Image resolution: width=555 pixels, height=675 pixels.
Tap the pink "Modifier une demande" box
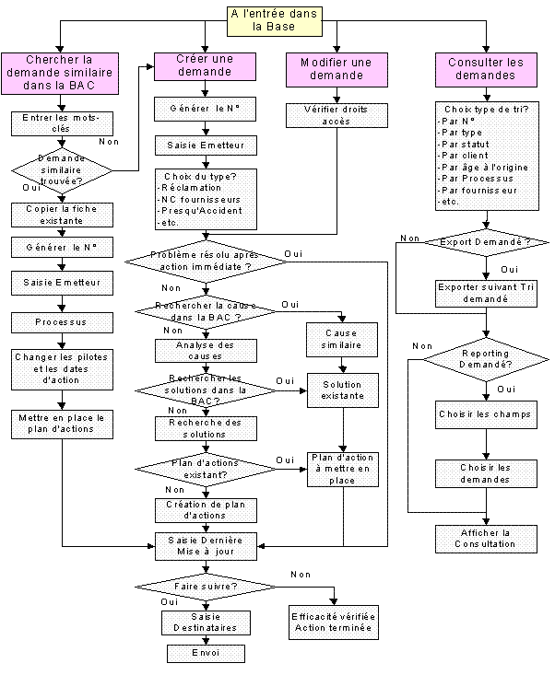coord(336,69)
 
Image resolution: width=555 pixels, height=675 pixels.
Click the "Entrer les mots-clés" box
coord(61,124)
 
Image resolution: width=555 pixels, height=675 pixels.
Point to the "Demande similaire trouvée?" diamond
coord(61,169)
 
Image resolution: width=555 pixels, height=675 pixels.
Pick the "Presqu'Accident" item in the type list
coord(195,211)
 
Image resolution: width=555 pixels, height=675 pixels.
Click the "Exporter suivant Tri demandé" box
coord(486,293)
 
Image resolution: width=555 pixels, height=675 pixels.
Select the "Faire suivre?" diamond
coord(204,585)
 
